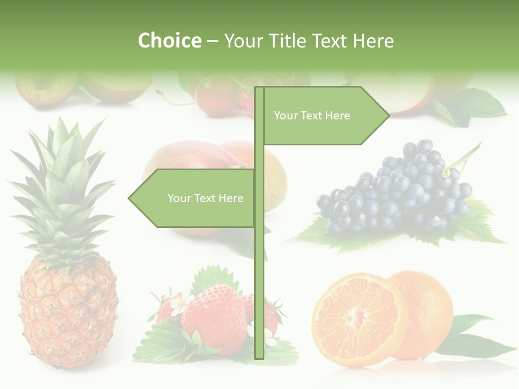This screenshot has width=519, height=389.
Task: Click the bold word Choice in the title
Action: (169, 41)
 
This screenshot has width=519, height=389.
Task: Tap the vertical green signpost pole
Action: (259, 281)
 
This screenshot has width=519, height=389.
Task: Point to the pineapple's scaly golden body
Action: (68, 313)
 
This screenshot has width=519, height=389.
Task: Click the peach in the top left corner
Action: (46, 86)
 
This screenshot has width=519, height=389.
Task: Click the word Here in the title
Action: (373, 41)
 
